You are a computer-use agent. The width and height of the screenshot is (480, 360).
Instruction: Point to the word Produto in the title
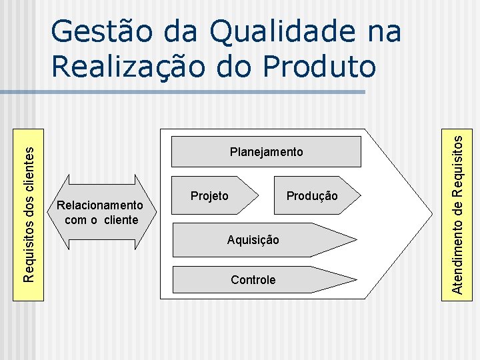tap(320, 66)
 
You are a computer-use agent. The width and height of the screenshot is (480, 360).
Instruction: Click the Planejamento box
tap(266, 151)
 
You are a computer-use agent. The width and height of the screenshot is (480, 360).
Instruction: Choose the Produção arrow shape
tap(317, 195)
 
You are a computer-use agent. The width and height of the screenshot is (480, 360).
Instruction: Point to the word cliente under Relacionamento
tap(121, 220)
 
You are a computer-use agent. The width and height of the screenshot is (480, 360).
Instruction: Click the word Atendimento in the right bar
tap(458, 254)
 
